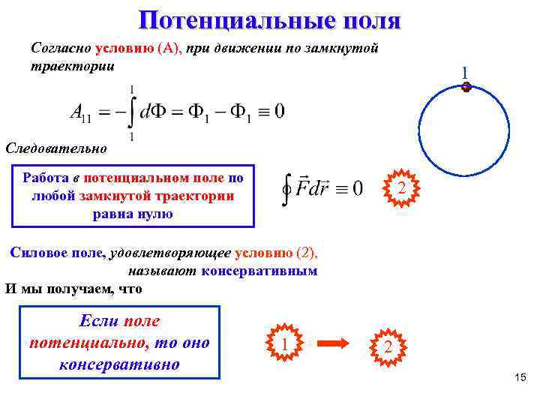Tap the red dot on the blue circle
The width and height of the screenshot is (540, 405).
[x=466, y=87]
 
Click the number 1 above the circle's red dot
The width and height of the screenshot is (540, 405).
[x=465, y=73]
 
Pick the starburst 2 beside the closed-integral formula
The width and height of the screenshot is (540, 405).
[x=402, y=187]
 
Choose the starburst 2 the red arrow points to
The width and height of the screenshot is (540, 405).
[x=388, y=346]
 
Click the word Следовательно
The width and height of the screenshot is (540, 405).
[x=55, y=147]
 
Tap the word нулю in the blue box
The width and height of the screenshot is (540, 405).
[x=154, y=213]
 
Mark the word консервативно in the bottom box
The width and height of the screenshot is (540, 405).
[x=118, y=364]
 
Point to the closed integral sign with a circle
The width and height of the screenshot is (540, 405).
[x=286, y=187]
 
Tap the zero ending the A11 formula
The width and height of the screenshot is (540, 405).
[x=279, y=112]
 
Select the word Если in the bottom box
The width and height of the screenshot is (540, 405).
[x=97, y=321]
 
